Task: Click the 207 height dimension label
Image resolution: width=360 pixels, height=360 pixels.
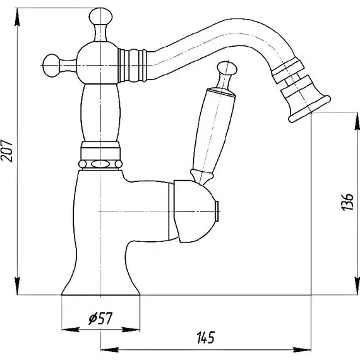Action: click(x=6, y=150)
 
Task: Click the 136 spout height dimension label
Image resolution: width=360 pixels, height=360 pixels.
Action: click(x=347, y=202)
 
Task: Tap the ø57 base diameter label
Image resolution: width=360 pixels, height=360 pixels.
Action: click(x=100, y=318)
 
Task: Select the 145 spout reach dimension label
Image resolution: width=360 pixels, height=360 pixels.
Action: click(x=205, y=337)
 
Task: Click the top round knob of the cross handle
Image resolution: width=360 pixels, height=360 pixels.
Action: click(x=100, y=16)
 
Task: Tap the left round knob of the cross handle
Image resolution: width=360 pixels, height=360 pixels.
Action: click(x=51, y=66)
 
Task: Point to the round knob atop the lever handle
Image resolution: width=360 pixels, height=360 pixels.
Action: click(x=227, y=69)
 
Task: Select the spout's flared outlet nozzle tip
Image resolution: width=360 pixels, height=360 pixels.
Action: click(x=309, y=109)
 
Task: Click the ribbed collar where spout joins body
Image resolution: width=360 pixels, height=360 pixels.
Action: click(x=132, y=66)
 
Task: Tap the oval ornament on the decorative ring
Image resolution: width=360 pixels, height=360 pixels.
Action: click(x=100, y=164)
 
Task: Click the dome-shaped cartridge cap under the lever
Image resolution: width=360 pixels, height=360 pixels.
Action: click(x=193, y=211)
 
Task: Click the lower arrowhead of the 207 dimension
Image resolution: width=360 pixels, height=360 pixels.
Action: click(x=17, y=285)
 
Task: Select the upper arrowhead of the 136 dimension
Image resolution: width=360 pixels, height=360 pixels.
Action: click(x=357, y=121)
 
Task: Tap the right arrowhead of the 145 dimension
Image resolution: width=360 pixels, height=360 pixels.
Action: click(x=302, y=351)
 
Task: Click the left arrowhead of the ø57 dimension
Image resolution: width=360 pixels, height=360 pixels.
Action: click(x=71, y=330)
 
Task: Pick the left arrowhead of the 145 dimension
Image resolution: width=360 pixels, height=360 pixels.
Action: click(x=110, y=351)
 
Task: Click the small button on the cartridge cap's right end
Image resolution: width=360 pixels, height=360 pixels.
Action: click(x=218, y=211)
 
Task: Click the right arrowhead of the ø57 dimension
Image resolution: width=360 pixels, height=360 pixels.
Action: click(x=131, y=330)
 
